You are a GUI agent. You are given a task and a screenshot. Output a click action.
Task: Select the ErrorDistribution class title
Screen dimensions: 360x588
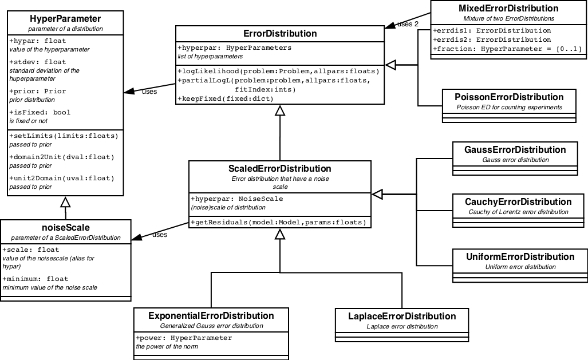coord(280,34)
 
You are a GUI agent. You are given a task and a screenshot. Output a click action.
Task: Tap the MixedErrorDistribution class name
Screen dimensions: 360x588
coord(508,9)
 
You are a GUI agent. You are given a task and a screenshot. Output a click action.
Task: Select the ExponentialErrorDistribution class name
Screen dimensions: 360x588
coord(211,315)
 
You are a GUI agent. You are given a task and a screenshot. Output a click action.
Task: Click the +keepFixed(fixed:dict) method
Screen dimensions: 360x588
coord(226,98)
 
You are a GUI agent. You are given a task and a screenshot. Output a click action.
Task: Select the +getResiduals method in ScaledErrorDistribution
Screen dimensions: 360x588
coord(279,222)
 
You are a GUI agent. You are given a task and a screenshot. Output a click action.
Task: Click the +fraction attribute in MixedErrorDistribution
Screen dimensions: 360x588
coord(507,49)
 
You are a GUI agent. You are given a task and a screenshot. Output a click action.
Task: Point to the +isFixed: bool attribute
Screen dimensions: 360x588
coord(40,113)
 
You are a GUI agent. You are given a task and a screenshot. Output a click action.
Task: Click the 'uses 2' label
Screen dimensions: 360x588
coord(407,24)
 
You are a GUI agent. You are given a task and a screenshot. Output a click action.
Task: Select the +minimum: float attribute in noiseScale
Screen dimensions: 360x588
coord(35,279)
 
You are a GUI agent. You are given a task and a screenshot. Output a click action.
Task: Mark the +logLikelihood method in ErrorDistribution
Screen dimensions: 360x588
coord(279,71)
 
